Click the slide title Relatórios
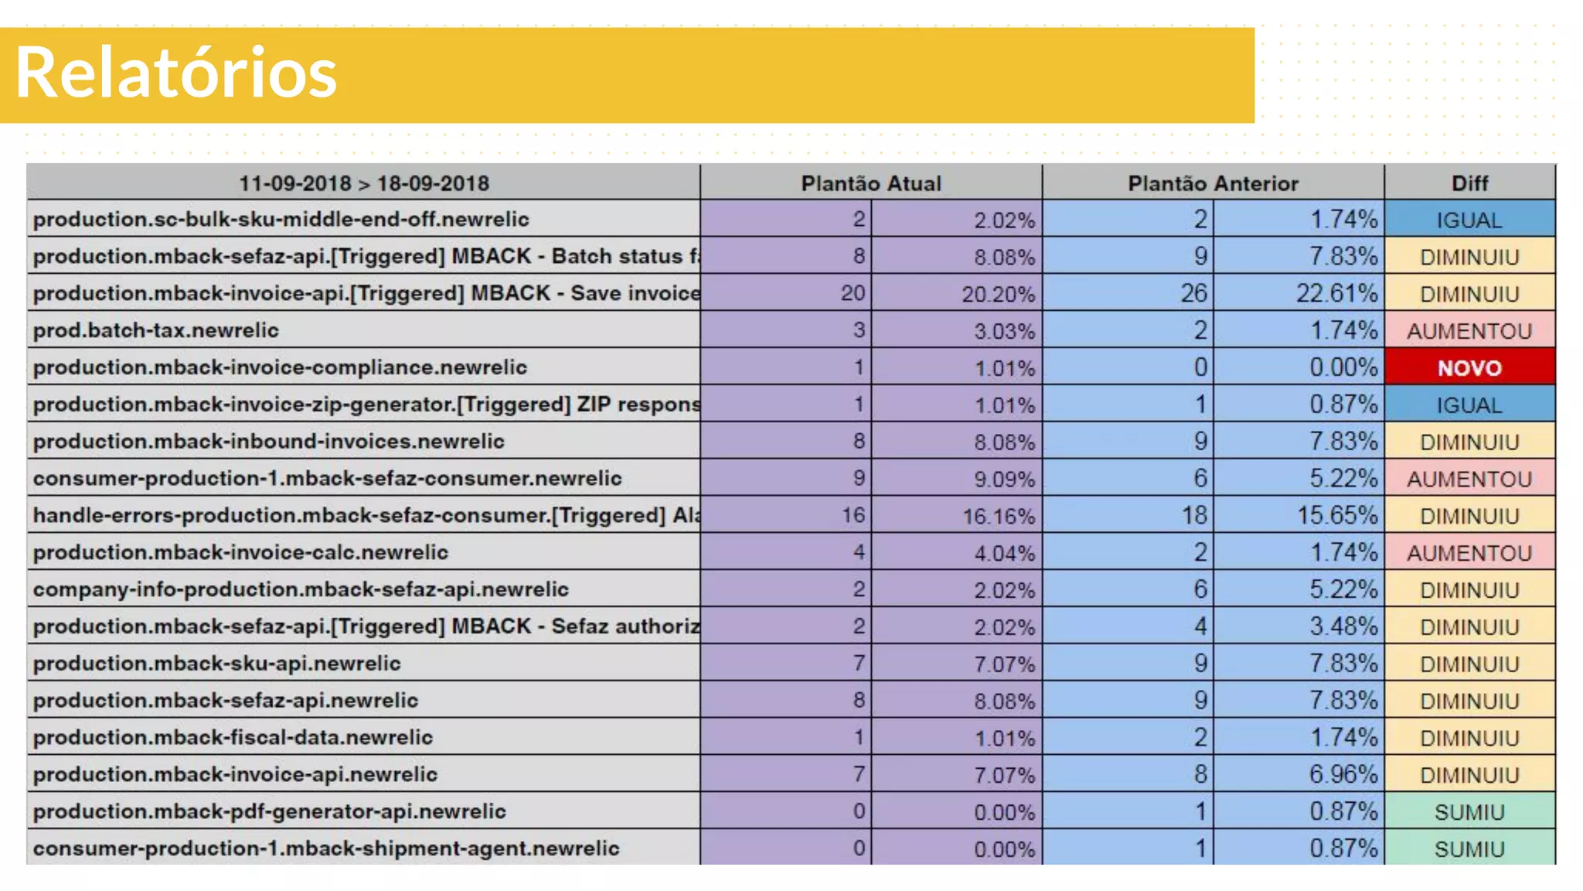click(176, 73)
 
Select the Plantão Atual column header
click(870, 183)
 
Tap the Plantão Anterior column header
click(1213, 183)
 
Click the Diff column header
click(1469, 183)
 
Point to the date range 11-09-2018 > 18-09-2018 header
click(363, 183)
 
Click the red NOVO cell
click(1469, 368)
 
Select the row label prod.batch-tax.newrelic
click(156, 330)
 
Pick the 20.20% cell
click(998, 294)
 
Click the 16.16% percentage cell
click(998, 516)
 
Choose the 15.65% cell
click(1336, 515)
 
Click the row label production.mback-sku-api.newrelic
click(217, 663)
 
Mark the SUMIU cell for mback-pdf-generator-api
click(1469, 812)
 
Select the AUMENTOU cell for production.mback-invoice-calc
click(1469, 553)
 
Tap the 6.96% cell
click(1343, 774)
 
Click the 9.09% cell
click(1003, 480)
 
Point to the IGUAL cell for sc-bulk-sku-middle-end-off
click(1469, 220)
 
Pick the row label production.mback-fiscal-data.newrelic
click(233, 737)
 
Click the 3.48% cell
click(1343, 626)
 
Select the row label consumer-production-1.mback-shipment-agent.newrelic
click(326, 848)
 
